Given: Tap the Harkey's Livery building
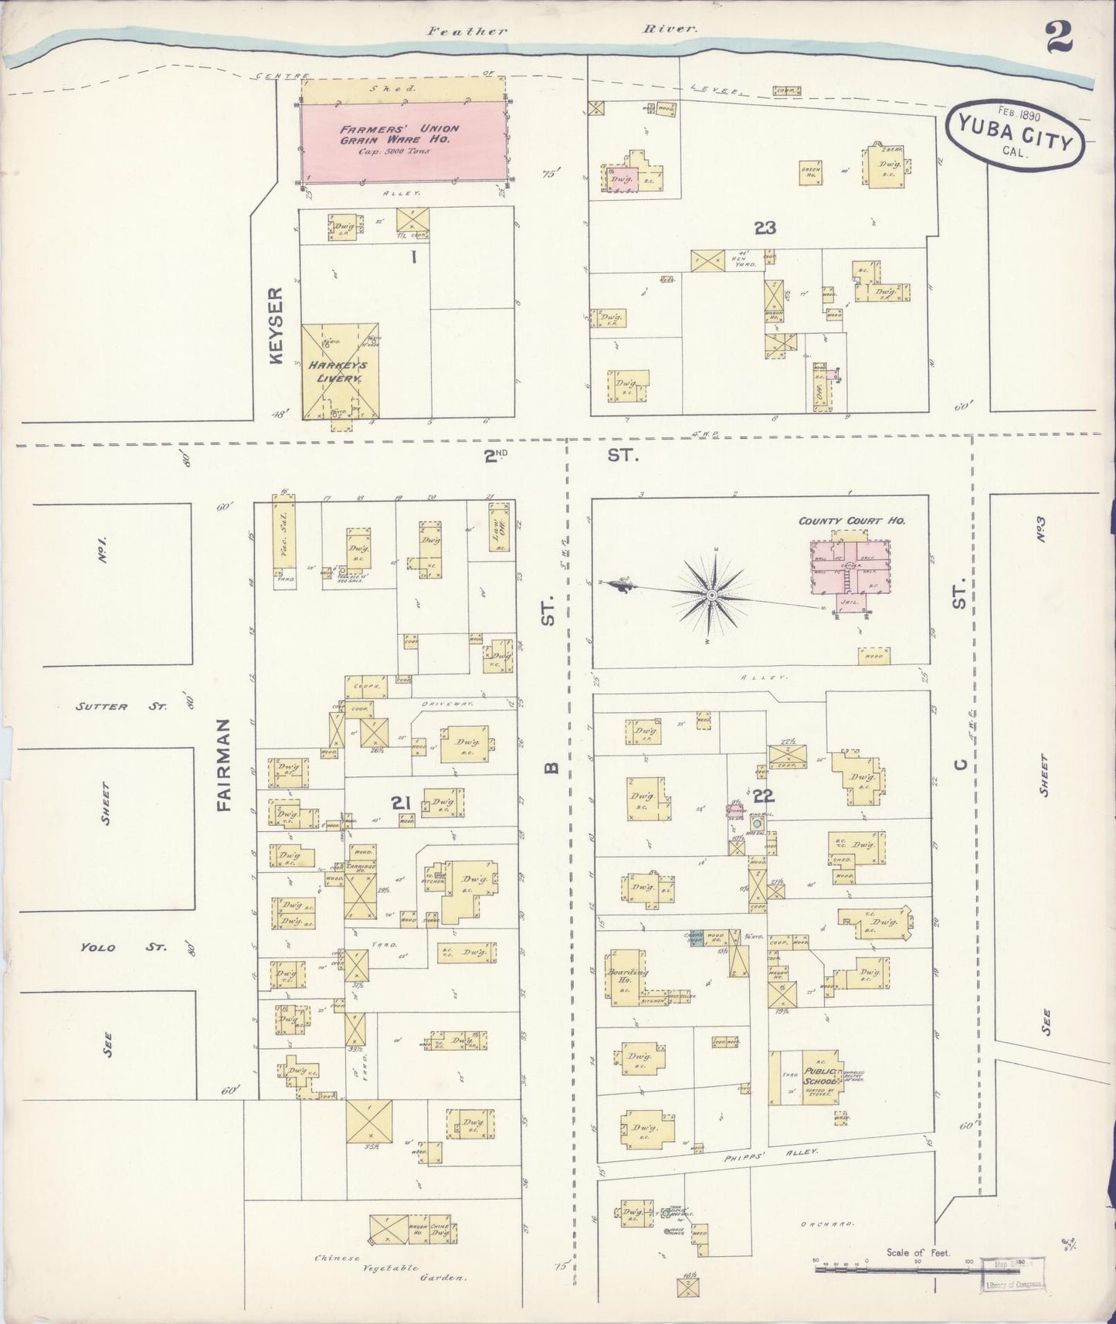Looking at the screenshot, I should [339, 372].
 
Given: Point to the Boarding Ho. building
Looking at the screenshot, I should [627, 978].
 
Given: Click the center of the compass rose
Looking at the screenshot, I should [711, 595].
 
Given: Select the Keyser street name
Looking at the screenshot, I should [277, 324].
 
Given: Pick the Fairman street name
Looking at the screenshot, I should [224, 765].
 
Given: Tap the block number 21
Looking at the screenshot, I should [399, 803].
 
